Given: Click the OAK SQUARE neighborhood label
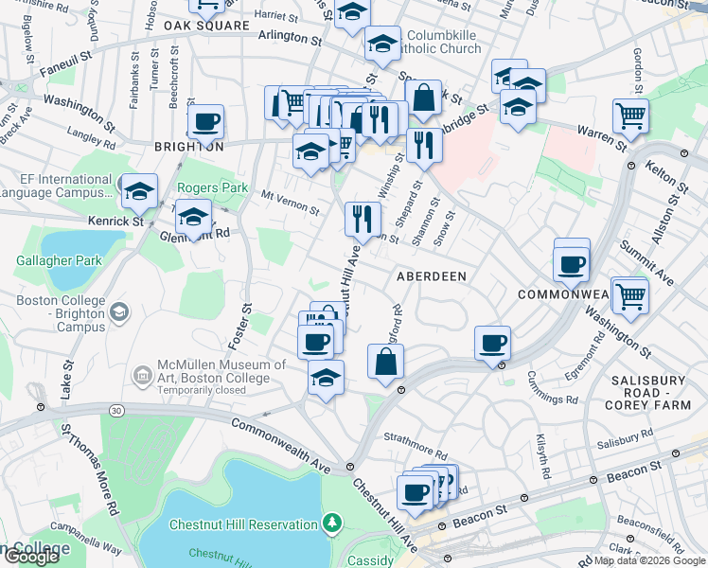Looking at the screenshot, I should point(197,25).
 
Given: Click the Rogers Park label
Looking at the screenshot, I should point(212,188).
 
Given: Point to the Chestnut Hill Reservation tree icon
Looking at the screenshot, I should point(331,523).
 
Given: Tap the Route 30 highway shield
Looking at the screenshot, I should point(115,410).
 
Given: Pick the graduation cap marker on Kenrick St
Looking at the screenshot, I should point(139,193).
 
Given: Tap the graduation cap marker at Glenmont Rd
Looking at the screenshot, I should point(194,220).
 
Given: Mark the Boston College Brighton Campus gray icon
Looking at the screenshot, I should point(119,311).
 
